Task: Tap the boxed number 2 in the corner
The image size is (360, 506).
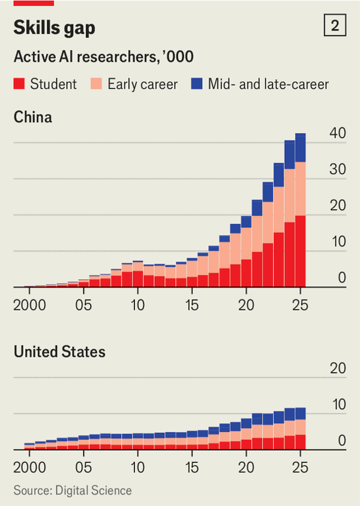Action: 334,26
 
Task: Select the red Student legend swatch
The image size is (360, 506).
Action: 19,84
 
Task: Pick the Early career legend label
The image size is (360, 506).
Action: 142,84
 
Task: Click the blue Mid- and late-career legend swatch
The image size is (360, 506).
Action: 197,84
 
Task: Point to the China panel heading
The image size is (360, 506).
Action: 33,117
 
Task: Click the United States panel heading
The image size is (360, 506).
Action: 59,351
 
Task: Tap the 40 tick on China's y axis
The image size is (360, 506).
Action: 337,134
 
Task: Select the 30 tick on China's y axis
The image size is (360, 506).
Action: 337,170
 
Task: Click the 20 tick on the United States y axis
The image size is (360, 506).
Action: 337,369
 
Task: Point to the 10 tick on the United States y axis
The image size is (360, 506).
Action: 337,405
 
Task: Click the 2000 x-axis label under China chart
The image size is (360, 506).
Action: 29,304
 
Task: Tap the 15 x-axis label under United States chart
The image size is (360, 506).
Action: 192,467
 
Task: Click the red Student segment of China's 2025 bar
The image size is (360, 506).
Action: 301,252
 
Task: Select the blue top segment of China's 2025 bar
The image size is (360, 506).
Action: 301,148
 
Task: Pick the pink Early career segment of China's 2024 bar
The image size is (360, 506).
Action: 290,196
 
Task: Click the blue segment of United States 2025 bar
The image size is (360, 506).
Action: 301,414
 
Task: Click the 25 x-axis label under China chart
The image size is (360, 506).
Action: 300,304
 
